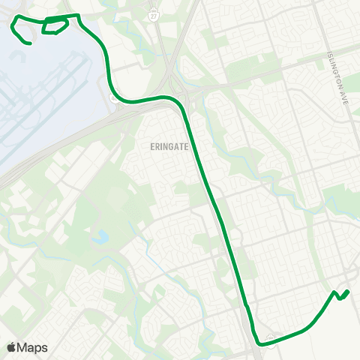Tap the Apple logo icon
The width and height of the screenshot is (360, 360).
point(11,347)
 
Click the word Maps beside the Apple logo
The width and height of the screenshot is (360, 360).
point(32,347)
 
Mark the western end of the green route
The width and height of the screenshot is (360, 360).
point(29,43)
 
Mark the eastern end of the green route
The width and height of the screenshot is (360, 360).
point(349,290)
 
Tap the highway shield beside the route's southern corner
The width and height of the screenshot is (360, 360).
point(271,337)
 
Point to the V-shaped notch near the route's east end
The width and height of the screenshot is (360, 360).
point(340,298)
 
